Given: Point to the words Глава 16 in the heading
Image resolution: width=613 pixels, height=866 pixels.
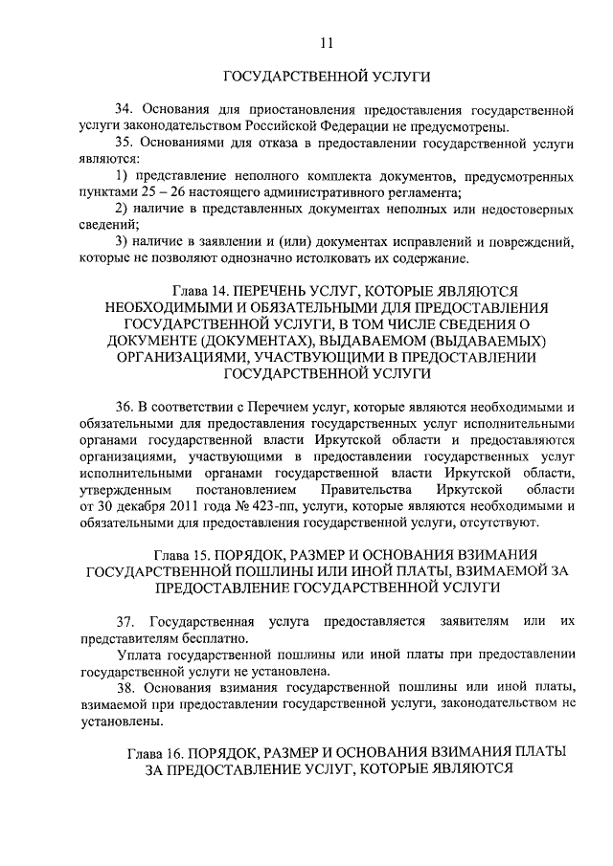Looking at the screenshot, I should [157, 754].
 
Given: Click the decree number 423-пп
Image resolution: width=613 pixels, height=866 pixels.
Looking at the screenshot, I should [262, 505].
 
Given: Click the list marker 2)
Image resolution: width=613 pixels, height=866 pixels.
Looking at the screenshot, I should [120, 209].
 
